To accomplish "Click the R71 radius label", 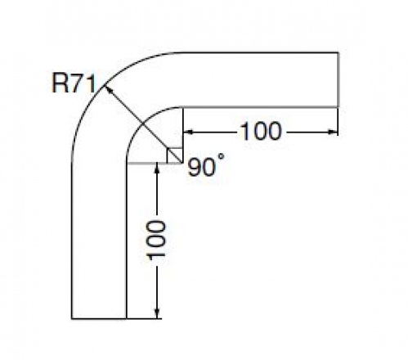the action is click(74, 83).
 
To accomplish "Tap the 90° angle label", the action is click(206, 166).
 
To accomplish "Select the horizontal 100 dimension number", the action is click(261, 132).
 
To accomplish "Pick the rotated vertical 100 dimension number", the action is click(156, 240).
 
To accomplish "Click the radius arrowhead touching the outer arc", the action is click(108, 89).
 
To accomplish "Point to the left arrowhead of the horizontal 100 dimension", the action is click(188, 132).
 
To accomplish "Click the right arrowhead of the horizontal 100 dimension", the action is click(333, 132).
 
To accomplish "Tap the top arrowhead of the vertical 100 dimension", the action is click(156, 168).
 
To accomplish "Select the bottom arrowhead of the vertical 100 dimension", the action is click(156, 313).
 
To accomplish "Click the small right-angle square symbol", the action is click(175, 155).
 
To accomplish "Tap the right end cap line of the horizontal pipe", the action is click(339, 79).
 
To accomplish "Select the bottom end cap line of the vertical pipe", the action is click(99, 318).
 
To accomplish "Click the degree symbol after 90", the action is click(222, 156).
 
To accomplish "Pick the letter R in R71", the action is click(60, 83).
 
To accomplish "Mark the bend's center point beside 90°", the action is click(182, 163).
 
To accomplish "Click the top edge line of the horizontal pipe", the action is click(260, 52).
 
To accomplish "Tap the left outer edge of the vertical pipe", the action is click(72, 241).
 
